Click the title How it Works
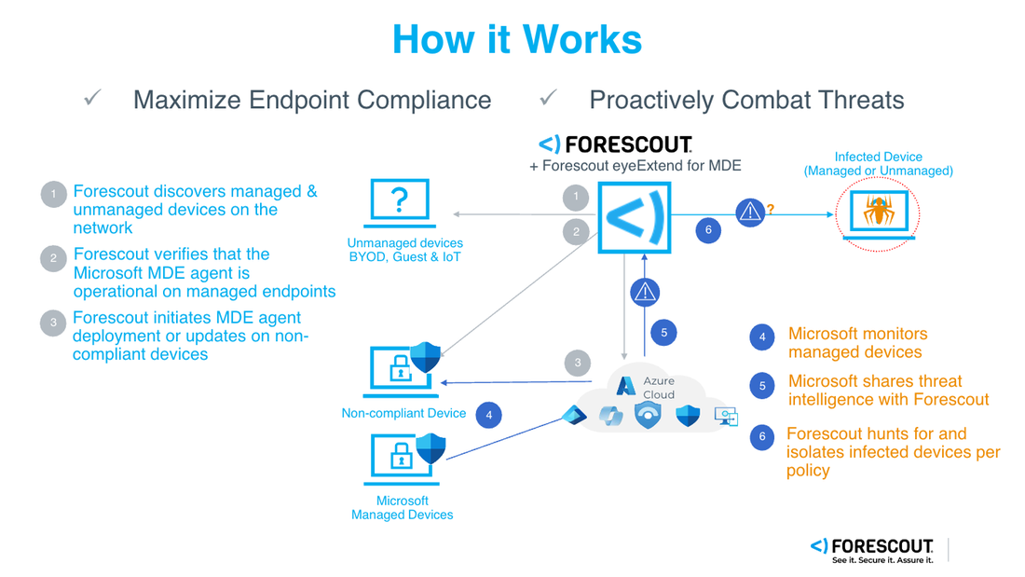(517, 39)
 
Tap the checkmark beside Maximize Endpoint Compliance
(92, 98)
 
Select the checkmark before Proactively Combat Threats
(548, 98)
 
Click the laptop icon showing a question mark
(400, 202)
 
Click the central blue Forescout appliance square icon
(634, 217)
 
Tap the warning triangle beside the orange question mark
(749, 213)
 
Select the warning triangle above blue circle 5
(645, 293)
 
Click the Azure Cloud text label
(658, 388)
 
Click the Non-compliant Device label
(403, 413)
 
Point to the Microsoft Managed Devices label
(402, 508)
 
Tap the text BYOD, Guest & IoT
(404, 256)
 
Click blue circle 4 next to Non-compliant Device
(488, 415)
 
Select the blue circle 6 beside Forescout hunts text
(762, 436)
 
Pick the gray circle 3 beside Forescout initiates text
(53, 323)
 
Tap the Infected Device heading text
(878, 158)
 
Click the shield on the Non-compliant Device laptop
(426, 357)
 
